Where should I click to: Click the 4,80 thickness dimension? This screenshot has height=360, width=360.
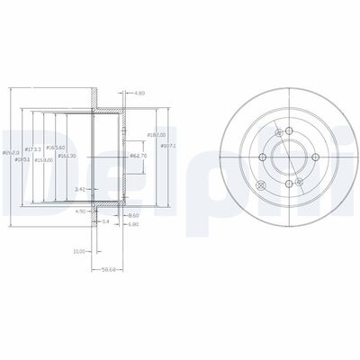pyautogui.click(x=139, y=94)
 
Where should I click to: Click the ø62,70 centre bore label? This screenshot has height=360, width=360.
pyautogui.click(x=138, y=156)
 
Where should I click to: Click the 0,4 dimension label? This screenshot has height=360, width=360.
pyautogui.click(x=106, y=221)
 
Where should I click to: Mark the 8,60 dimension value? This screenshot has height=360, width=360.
pyautogui.click(x=134, y=215)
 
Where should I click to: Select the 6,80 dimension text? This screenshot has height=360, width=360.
pyautogui.click(x=134, y=225)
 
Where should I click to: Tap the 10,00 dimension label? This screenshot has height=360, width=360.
pyautogui.click(x=78, y=251)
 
